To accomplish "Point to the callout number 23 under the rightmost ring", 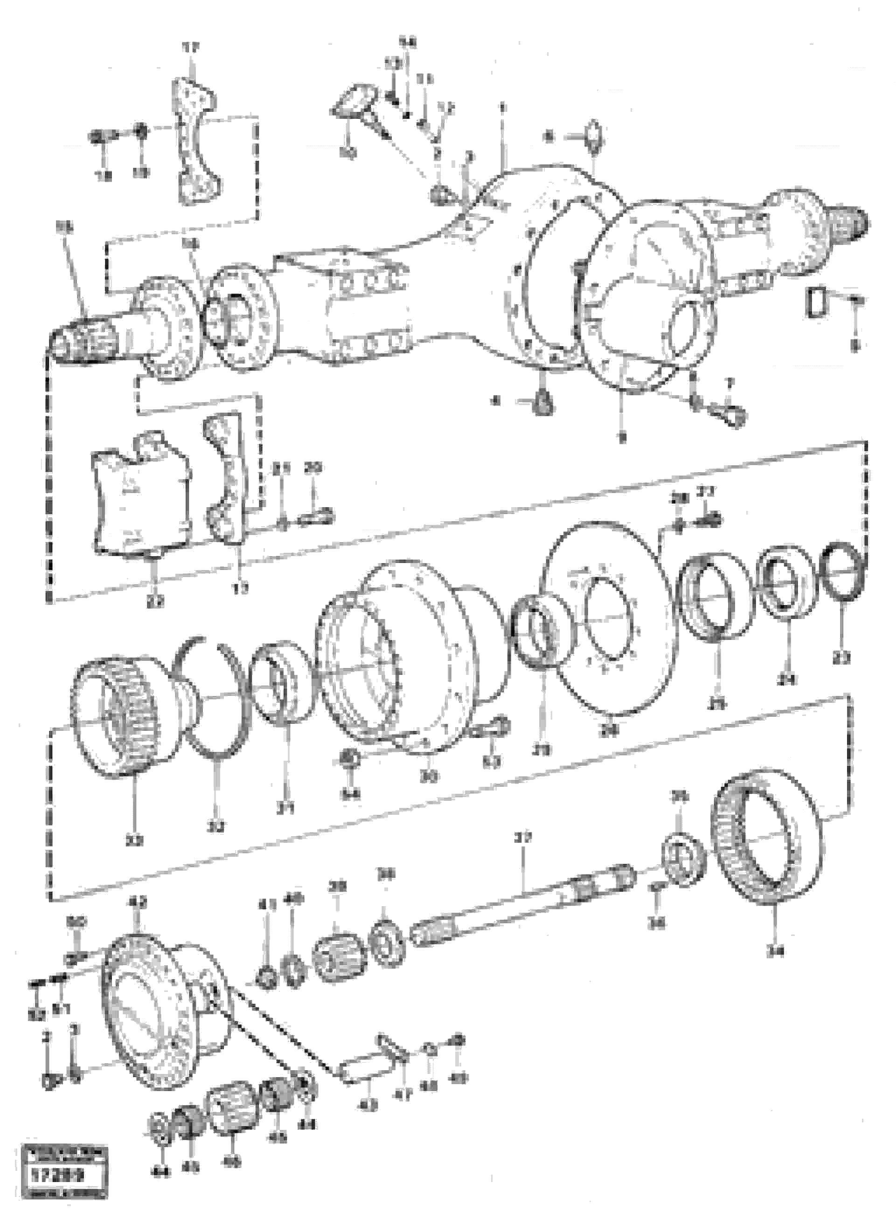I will [842, 658].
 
